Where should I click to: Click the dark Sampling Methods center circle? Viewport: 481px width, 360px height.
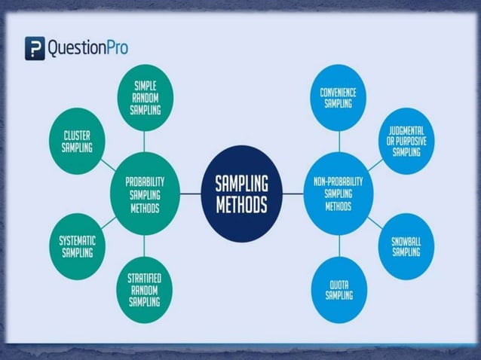click(241, 194)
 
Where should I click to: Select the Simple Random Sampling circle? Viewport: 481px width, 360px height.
click(145, 96)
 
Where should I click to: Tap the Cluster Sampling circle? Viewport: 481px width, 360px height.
click(77, 141)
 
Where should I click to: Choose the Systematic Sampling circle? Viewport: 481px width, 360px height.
click(77, 246)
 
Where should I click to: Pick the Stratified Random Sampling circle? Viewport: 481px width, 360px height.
click(144, 290)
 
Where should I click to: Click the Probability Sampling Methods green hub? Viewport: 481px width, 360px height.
click(144, 194)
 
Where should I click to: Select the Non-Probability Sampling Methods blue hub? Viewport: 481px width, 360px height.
click(339, 194)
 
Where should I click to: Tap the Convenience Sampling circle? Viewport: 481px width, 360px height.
click(339, 97)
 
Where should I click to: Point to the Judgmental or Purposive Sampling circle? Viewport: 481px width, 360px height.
click(406, 141)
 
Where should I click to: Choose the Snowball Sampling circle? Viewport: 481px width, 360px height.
click(406, 246)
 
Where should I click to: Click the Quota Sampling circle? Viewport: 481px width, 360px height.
click(339, 290)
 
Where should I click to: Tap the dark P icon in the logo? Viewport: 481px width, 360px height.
click(35, 48)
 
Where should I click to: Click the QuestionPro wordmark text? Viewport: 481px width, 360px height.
click(87, 49)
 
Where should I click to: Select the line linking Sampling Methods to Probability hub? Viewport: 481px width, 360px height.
click(189, 194)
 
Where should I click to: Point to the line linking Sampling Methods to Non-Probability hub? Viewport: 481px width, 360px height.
click(293, 194)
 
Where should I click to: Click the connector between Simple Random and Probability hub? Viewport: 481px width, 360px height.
click(144, 142)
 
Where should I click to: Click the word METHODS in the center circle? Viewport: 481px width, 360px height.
click(241, 205)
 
